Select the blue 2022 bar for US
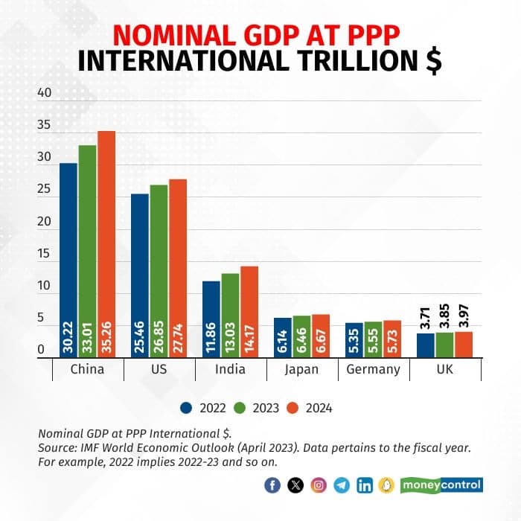point(140,275)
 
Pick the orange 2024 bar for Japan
point(320,336)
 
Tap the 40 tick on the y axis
point(44,94)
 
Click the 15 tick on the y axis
point(44,254)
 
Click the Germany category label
point(374,370)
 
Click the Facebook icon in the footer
point(272,485)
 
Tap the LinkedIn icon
point(365,485)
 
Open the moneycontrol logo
point(442,485)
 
